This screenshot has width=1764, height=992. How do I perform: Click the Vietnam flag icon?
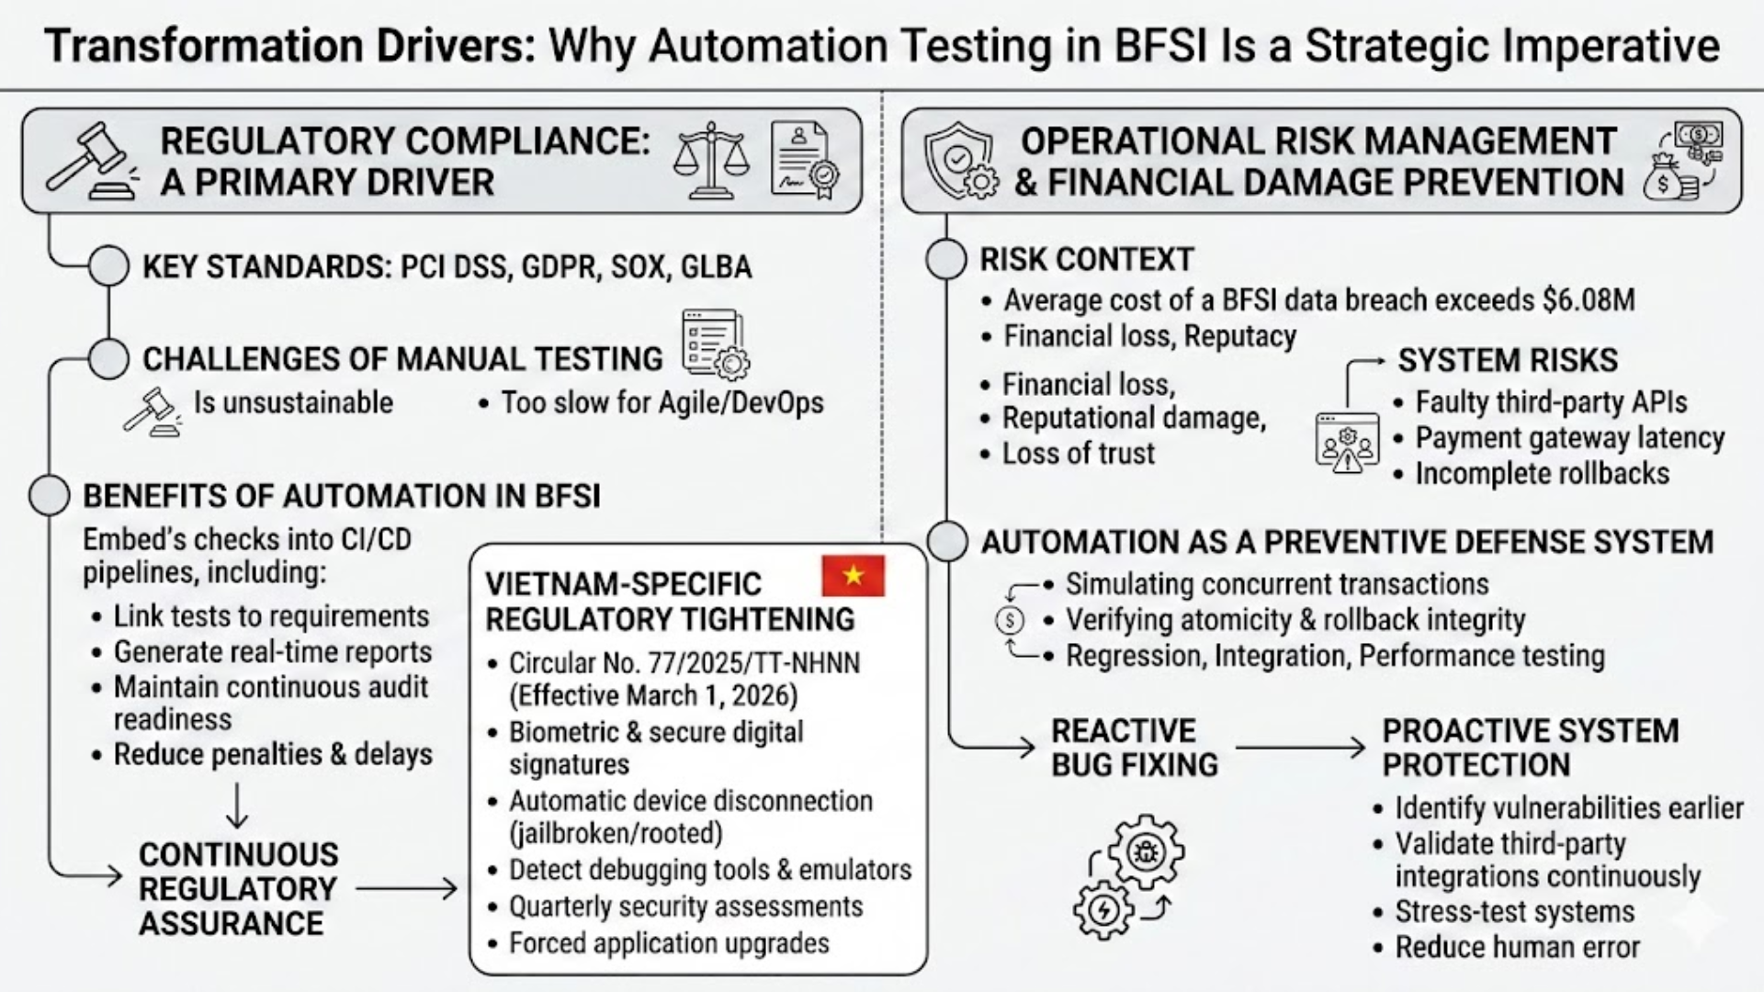[853, 576]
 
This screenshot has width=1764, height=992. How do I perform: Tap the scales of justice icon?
[710, 162]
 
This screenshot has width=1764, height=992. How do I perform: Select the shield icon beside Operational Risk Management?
[960, 162]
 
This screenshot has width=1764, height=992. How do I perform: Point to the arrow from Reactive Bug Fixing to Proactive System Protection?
[1300, 748]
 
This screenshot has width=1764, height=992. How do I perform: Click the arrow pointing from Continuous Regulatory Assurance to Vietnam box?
[406, 888]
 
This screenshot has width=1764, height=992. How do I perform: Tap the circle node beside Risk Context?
[945, 260]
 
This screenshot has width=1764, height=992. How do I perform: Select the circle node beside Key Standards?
[108, 266]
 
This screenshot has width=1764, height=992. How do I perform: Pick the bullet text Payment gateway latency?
[1569, 438]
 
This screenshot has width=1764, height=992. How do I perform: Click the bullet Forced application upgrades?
[669, 943]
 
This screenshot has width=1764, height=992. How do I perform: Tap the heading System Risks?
[1507, 360]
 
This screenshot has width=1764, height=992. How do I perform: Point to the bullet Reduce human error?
[1517, 947]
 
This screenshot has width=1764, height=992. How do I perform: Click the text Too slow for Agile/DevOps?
[661, 403]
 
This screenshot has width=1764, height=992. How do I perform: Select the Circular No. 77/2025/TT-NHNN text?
[684, 663]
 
